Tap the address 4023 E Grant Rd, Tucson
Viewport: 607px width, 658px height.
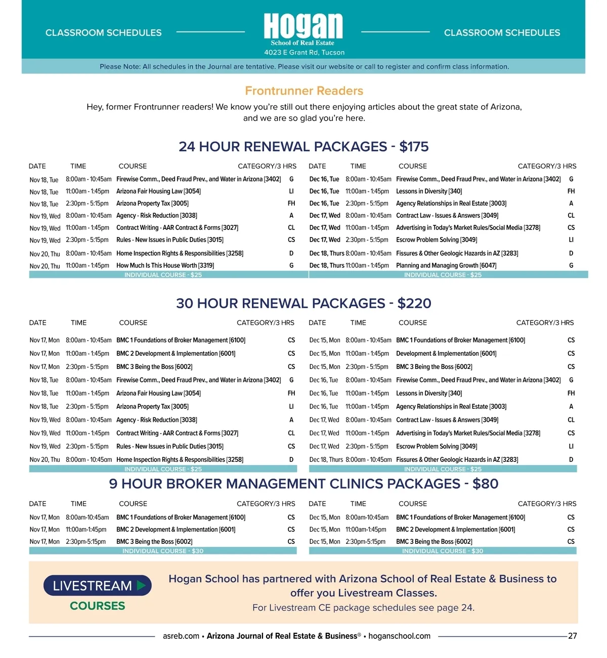pos(304,53)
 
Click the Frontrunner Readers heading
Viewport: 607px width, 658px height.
pos(304,91)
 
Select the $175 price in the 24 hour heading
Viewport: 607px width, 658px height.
pos(414,147)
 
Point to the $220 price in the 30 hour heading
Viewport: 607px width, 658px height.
pos(414,303)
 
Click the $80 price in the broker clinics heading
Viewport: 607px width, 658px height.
pos(485,484)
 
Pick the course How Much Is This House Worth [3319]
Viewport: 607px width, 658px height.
pos(165,265)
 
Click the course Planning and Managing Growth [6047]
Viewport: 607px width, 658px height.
pos(446,265)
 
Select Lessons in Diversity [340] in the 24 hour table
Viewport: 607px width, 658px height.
pos(428,192)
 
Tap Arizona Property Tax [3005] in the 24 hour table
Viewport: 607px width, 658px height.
pos(152,204)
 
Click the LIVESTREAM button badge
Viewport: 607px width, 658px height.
pos(98,585)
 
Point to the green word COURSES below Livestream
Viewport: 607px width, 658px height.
pos(98,605)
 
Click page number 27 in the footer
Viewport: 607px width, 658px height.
pos(572,636)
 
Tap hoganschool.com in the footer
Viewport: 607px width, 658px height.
pos(399,636)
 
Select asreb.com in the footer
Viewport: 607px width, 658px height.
pos(181,636)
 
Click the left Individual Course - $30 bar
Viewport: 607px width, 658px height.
pos(163,551)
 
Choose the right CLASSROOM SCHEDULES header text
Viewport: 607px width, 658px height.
pos(502,33)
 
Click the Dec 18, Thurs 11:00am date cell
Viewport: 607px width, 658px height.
pos(327,265)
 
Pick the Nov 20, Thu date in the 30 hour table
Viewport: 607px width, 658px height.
pos(45,460)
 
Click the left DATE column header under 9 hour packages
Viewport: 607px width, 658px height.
pos(37,503)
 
